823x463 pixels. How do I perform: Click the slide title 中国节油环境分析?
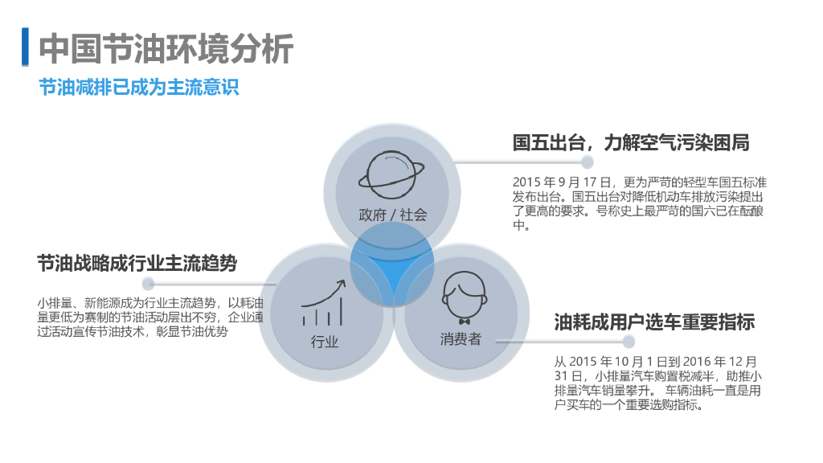click(x=166, y=50)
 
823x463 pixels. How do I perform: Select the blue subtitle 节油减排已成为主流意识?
click(x=139, y=88)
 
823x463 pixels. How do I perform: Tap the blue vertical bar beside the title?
click(x=24, y=48)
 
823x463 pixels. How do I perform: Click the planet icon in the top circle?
click(x=391, y=174)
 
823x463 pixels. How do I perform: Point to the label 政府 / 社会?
click(x=392, y=215)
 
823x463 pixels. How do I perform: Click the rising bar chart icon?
click(x=324, y=304)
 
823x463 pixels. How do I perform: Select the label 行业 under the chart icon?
click(x=325, y=342)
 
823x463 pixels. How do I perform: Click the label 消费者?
click(x=461, y=339)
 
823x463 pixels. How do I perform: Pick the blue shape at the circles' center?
click(x=392, y=265)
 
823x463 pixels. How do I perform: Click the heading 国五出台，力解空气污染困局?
click(x=632, y=143)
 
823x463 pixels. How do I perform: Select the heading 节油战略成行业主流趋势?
click(x=137, y=264)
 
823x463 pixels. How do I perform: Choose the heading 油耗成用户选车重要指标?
click(x=654, y=323)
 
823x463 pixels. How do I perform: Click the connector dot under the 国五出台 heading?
click(x=588, y=162)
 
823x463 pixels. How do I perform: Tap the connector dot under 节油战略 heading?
click(x=148, y=284)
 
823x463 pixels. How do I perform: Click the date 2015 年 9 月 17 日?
click(x=563, y=182)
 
